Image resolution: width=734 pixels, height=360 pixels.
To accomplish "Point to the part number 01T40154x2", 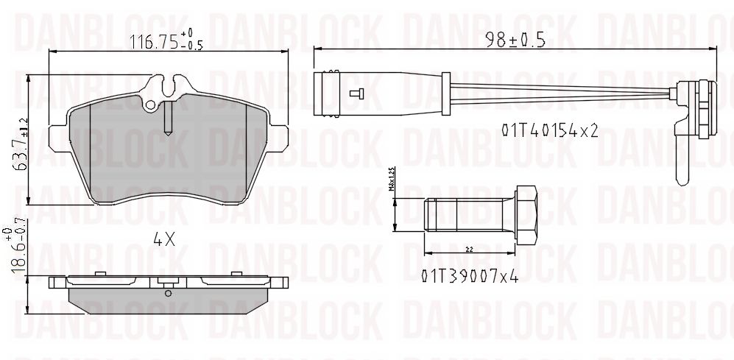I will pos(548,130).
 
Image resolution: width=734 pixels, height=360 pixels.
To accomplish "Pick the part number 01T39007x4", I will pos(470,276).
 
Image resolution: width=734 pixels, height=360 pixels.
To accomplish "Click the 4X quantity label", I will pos(163,239).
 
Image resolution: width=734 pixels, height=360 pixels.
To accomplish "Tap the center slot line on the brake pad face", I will pos(168,118).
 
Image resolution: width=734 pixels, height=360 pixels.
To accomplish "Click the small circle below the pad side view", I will pos(169,293).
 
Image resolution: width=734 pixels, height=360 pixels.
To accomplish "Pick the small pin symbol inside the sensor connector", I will pos(357,93).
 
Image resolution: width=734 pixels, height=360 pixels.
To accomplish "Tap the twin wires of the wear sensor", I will pos(560,93).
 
